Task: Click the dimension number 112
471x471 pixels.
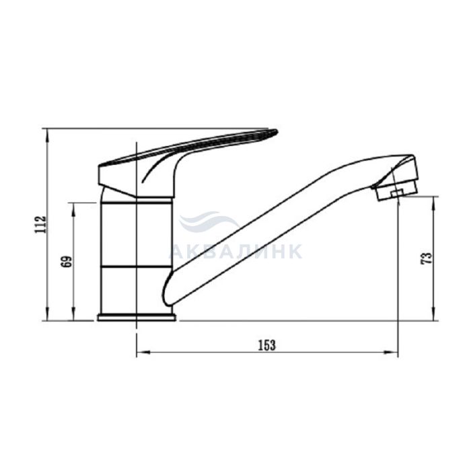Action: [40, 224]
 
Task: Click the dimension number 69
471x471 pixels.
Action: [67, 262]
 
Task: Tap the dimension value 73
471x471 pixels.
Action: [427, 258]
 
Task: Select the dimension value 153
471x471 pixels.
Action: [266, 345]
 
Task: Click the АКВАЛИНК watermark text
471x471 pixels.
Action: [235, 251]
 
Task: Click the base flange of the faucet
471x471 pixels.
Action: [137, 318]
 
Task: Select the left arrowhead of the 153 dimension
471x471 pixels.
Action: [143, 353]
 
